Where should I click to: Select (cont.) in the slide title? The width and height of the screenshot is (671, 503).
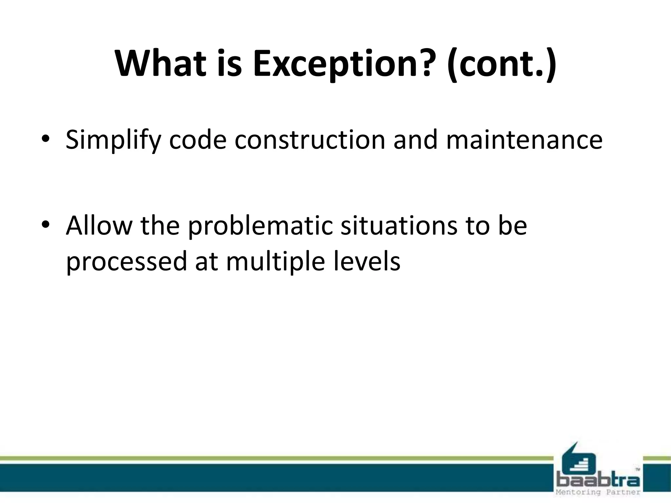pyautogui.click(x=501, y=64)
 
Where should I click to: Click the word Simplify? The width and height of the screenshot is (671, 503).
pyautogui.click(x=113, y=140)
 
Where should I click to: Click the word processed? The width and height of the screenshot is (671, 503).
pyautogui.click(x=126, y=262)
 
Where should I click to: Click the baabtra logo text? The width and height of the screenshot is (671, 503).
pyautogui.click(x=598, y=480)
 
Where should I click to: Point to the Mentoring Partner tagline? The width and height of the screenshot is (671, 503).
pyautogui.click(x=598, y=492)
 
